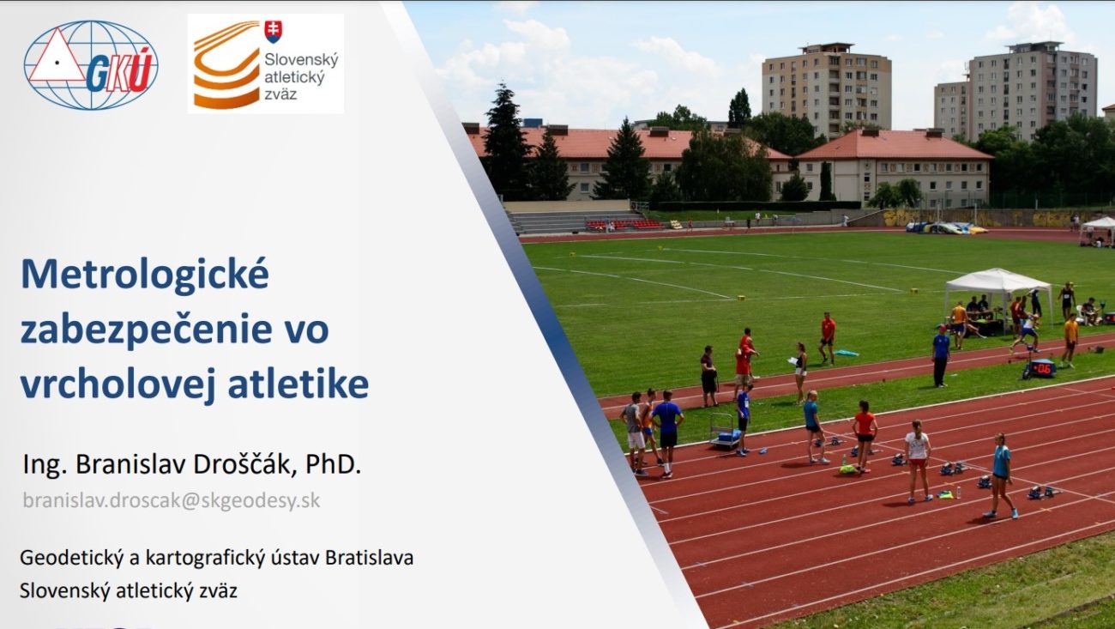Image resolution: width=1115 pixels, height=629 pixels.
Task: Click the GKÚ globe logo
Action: click(91, 64)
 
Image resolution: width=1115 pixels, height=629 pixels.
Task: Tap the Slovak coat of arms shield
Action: click(273, 32)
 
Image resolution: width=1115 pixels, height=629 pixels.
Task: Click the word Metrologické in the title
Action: click(145, 274)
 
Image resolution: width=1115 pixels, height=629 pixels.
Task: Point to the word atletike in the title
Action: click(298, 384)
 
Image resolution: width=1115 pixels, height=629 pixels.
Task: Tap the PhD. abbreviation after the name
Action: click(333, 464)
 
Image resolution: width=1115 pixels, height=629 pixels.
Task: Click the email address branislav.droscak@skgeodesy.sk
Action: click(172, 500)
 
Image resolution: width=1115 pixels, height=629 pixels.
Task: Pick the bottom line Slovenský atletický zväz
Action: click(129, 591)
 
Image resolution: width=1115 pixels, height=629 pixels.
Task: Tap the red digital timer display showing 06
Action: click(1041, 368)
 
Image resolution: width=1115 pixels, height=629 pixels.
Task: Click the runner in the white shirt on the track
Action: click(918, 462)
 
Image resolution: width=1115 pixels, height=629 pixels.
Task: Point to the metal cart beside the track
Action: click(724, 432)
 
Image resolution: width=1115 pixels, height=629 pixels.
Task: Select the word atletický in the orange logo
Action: click(294, 77)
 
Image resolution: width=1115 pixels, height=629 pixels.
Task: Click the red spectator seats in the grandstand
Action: click(624, 225)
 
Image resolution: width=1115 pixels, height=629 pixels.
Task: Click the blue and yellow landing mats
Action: click(946, 228)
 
